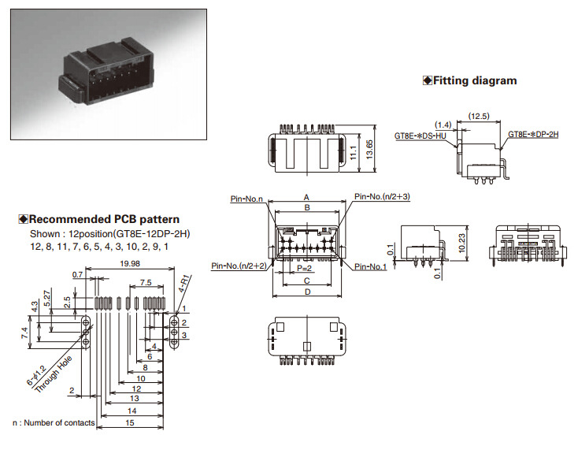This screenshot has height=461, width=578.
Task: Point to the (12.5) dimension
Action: coord(478,117)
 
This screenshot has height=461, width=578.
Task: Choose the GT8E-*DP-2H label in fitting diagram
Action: coord(533,135)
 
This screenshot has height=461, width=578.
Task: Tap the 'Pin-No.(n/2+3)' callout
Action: coord(382,196)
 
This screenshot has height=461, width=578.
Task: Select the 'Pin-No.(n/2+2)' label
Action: coord(239,266)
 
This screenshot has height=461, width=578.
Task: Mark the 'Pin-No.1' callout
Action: coord(371,267)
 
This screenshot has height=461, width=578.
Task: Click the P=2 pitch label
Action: coord(306,268)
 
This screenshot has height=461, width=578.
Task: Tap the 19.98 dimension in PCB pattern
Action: coord(130,263)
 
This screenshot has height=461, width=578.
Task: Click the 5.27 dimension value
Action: coord(47,299)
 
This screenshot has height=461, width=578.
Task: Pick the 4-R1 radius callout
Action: coord(184,281)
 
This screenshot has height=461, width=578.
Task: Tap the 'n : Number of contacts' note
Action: coord(54,423)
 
